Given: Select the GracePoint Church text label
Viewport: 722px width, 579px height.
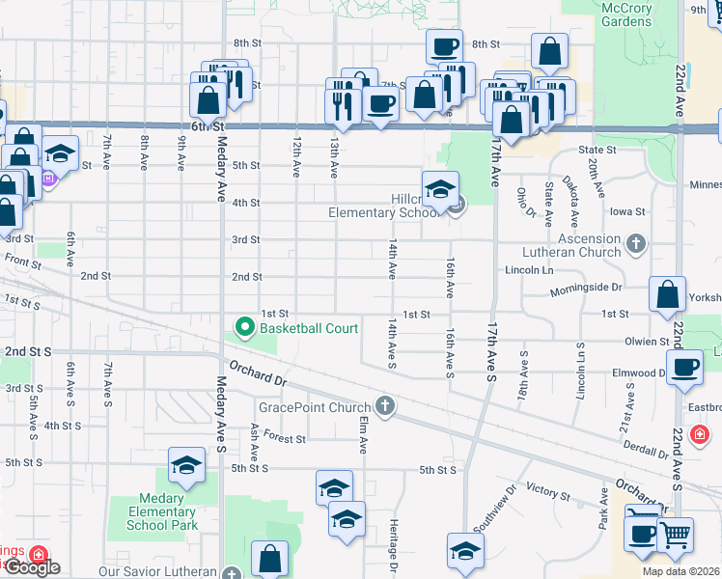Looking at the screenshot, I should [321, 407].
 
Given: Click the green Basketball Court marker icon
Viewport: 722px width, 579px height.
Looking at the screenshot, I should [245, 328].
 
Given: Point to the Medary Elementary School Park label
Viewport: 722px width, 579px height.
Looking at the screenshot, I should [162, 512].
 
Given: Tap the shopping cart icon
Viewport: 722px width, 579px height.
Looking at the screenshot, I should [675, 534].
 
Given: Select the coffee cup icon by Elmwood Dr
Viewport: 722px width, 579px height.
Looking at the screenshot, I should [685, 368].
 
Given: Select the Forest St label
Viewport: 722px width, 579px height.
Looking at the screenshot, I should [287, 438].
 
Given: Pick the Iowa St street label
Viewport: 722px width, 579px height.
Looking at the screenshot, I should [627, 211].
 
